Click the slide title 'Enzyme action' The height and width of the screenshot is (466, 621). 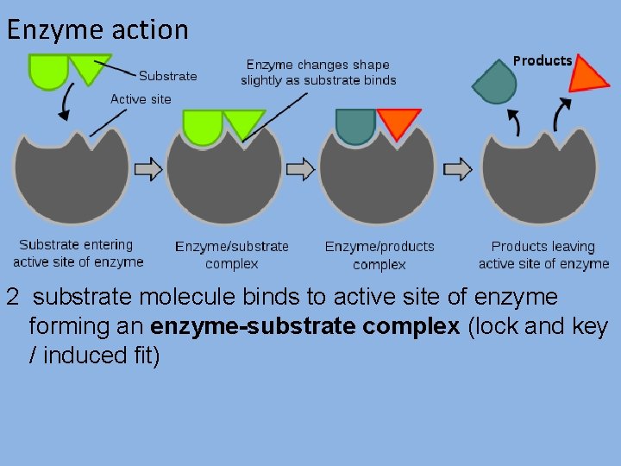pyautogui.click(x=97, y=29)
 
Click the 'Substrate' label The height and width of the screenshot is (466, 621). pyautogui.click(x=167, y=76)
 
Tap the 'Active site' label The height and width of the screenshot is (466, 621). pyautogui.click(x=141, y=98)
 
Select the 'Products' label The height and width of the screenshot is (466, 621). pyautogui.click(x=543, y=60)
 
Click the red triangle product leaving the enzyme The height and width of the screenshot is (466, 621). pyautogui.click(x=587, y=75)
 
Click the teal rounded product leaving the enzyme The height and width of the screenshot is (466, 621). pyautogui.click(x=495, y=83)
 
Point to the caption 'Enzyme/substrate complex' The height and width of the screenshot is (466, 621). pyautogui.click(x=232, y=255)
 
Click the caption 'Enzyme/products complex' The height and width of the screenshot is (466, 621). pyautogui.click(x=379, y=255)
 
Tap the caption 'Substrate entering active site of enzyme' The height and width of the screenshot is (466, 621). pyautogui.click(x=78, y=254)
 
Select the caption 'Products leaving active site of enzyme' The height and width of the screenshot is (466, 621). pyautogui.click(x=543, y=255)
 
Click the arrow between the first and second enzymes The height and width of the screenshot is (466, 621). pyautogui.click(x=149, y=169)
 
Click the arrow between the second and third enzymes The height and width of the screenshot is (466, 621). pyautogui.click(x=304, y=169)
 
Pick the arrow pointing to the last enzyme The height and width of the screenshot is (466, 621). pyautogui.click(x=458, y=169)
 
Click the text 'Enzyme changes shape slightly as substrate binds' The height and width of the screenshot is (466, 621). pyautogui.click(x=318, y=72)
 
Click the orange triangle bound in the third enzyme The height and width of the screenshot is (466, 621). pyautogui.click(x=398, y=123)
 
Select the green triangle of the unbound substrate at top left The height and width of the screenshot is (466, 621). pyautogui.click(x=89, y=67)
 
